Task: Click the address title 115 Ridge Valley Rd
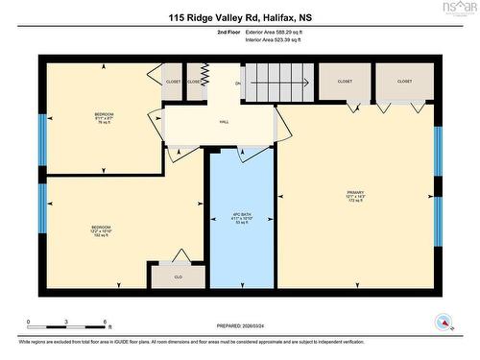click(240, 16)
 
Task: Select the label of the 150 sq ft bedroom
click(102, 229)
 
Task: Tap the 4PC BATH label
click(242, 218)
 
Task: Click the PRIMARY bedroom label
click(355, 198)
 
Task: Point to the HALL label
click(224, 123)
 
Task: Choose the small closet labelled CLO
click(178, 276)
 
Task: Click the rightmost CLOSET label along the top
click(404, 82)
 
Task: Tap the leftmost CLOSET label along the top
click(174, 82)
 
